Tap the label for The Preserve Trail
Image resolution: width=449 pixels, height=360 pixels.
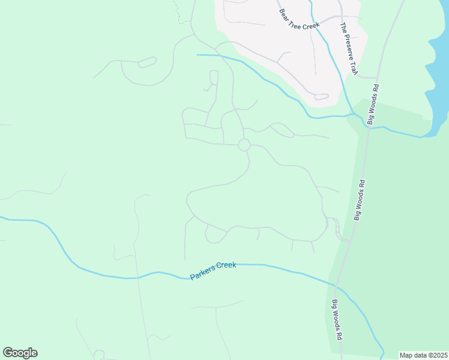(x=349, y=50)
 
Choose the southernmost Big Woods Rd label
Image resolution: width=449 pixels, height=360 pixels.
(x=337, y=320)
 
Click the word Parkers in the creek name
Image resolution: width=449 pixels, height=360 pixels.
(x=203, y=274)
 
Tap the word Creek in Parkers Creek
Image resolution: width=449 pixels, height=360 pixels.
(x=227, y=266)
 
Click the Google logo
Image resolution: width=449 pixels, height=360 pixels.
(x=20, y=353)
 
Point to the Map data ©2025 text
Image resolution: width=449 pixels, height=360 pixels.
(x=424, y=355)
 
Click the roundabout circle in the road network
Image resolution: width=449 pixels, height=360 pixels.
(x=244, y=145)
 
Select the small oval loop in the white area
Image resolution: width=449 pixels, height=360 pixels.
(x=321, y=97)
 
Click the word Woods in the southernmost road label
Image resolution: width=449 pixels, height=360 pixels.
(x=337, y=321)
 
